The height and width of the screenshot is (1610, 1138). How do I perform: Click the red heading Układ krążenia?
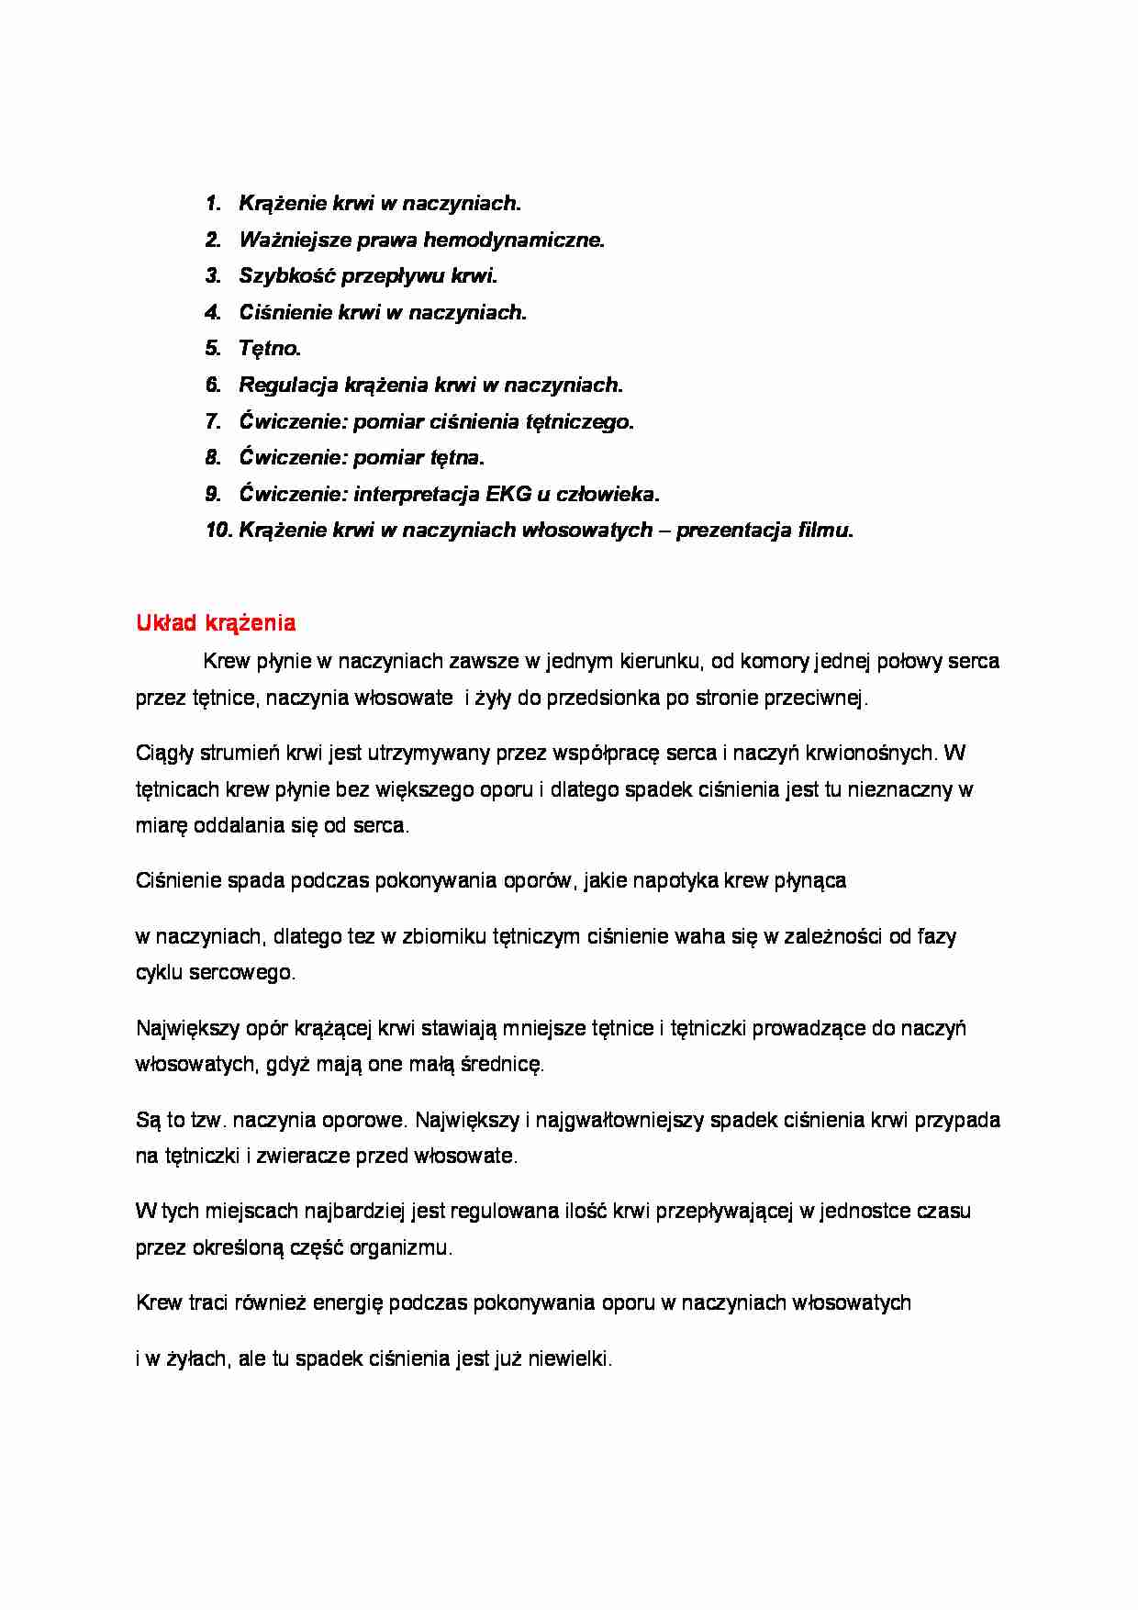tap(216, 623)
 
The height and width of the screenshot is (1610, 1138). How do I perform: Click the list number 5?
tap(213, 349)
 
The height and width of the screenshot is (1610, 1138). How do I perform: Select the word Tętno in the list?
tap(268, 349)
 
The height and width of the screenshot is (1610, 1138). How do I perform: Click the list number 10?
tap(218, 531)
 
